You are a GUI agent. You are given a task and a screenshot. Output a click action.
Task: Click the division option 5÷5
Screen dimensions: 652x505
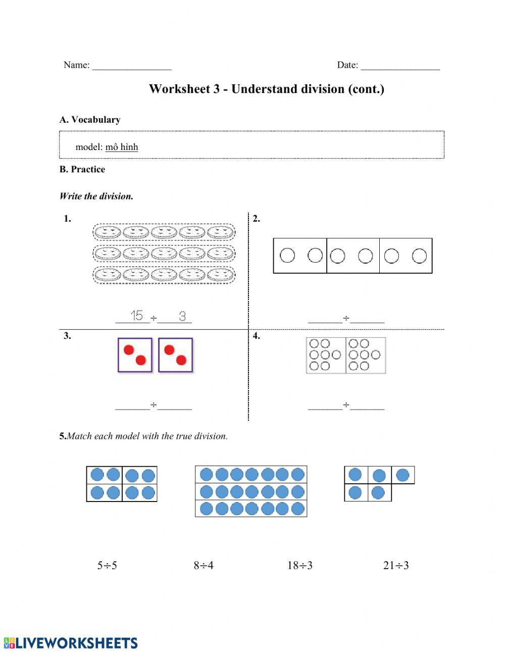click(107, 566)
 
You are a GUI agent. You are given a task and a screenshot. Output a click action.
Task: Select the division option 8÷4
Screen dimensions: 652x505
click(204, 566)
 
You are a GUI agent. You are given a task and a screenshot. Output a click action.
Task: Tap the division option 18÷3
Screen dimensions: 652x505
click(300, 566)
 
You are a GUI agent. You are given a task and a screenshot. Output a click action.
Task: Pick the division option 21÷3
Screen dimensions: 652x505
click(396, 566)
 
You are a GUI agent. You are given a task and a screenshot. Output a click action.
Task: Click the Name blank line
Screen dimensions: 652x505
click(132, 66)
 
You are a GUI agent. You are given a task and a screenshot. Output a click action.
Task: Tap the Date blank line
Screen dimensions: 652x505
click(400, 66)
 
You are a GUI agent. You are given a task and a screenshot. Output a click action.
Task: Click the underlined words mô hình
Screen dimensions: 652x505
click(122, 147)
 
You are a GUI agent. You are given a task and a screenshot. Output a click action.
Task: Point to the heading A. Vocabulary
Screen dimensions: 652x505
click(90, 120)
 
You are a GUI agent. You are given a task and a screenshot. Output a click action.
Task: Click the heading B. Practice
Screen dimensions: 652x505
click(82, 170)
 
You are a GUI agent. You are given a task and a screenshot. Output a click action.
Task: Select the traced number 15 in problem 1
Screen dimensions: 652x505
click(136, 316)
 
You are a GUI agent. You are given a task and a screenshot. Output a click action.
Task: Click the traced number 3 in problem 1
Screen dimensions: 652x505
click(182, 316)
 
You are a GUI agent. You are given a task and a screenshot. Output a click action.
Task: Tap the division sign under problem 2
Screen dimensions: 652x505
click(346, 318)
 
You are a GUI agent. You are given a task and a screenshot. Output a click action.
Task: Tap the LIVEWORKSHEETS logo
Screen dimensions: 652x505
click(71, 643)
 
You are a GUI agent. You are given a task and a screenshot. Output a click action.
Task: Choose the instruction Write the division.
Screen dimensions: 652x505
click(96, 196)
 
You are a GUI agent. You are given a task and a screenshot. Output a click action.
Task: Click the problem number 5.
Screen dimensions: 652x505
click(63, 436)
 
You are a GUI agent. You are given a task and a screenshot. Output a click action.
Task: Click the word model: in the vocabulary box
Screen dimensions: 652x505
click(89, 147)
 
